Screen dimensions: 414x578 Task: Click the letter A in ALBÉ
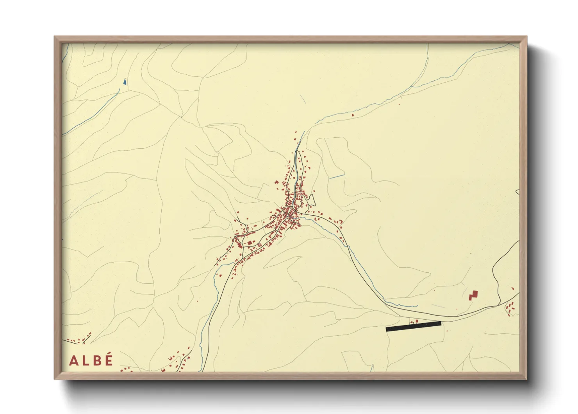pos(73,360)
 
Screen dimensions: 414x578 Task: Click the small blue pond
pos(125,82)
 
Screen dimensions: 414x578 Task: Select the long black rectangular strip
pos(413,326)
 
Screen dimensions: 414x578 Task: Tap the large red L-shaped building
pos(473,295)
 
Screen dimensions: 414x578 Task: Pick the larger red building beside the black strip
pos(417,321)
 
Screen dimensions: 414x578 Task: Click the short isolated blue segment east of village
pos(337,177)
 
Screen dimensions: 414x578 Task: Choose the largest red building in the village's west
pos(250,243)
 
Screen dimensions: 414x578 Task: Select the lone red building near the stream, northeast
pos(353,115)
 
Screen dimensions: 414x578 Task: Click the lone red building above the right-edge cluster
pos(513,289)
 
